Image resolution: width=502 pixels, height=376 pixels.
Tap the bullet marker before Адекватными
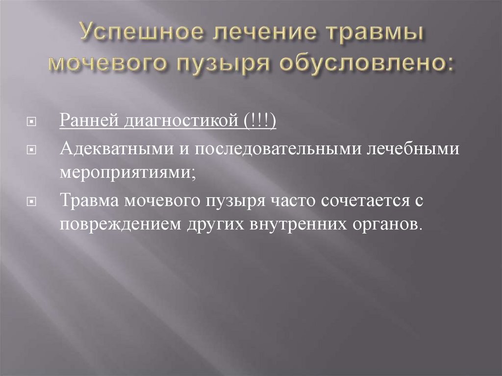30,148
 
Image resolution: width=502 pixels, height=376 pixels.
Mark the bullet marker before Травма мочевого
30,201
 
